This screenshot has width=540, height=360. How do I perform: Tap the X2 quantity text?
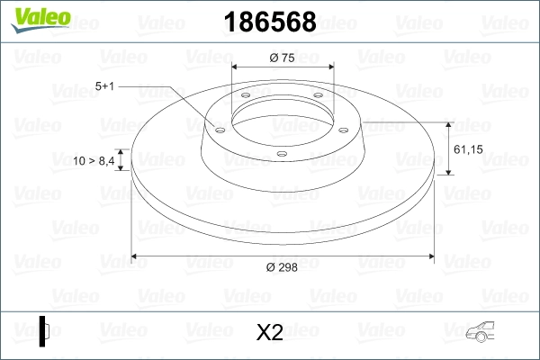click(270, 333)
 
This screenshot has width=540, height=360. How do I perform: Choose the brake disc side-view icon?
click(44, 330)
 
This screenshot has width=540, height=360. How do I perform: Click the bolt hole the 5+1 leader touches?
click(219, 127)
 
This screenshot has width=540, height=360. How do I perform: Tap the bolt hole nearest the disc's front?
click(281, 154)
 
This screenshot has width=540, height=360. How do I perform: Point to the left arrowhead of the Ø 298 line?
click(135, 256)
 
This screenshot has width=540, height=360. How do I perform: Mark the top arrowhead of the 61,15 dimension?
click(448, 122)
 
